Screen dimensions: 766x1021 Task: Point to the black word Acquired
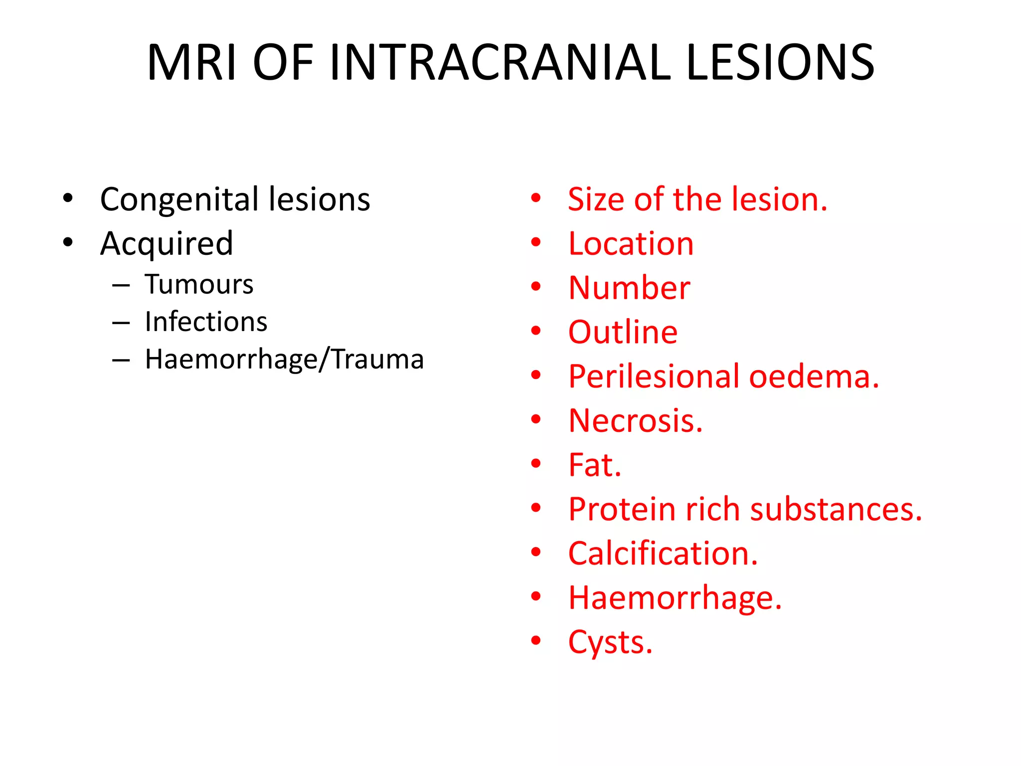(167, 244)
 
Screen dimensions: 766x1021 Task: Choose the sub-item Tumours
(199, 285)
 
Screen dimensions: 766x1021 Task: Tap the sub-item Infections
(206, 322)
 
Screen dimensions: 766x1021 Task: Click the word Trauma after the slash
(377, 359)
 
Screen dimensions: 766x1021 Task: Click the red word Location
(631, 244)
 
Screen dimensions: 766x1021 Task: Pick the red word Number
(629, 288)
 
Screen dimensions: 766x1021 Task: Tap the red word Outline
(623, 332)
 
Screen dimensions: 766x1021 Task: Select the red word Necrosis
(635, 421)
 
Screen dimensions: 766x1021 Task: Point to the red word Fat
(594, 465)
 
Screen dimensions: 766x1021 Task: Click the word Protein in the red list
(622, 510)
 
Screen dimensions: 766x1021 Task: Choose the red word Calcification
(663, 554)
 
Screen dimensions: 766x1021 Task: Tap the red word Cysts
(610, 642)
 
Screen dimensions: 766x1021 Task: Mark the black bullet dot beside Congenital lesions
(68, 198)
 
